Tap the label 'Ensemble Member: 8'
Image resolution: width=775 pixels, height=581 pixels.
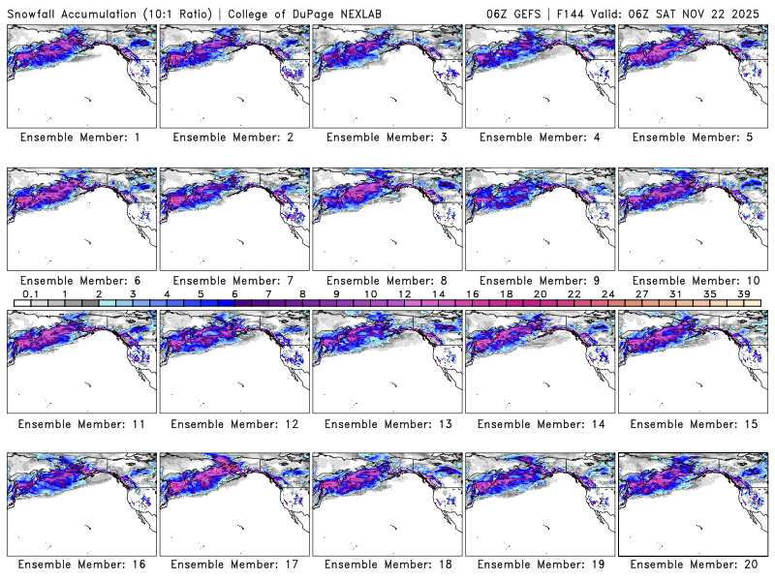(x=387, y=281)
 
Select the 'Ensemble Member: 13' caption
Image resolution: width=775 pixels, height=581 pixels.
(x=387, y=423)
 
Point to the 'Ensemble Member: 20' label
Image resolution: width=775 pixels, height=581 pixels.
(x=693, y=564)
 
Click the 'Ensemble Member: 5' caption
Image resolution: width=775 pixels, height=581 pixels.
(x=693, y=138)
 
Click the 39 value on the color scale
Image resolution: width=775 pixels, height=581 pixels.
(x=743, y=292)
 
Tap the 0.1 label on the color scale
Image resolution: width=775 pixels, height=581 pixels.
(x=31, y=292)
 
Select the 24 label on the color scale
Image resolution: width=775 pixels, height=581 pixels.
(x=607, y=292)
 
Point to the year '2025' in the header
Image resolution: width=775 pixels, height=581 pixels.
(x=747, y=12)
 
